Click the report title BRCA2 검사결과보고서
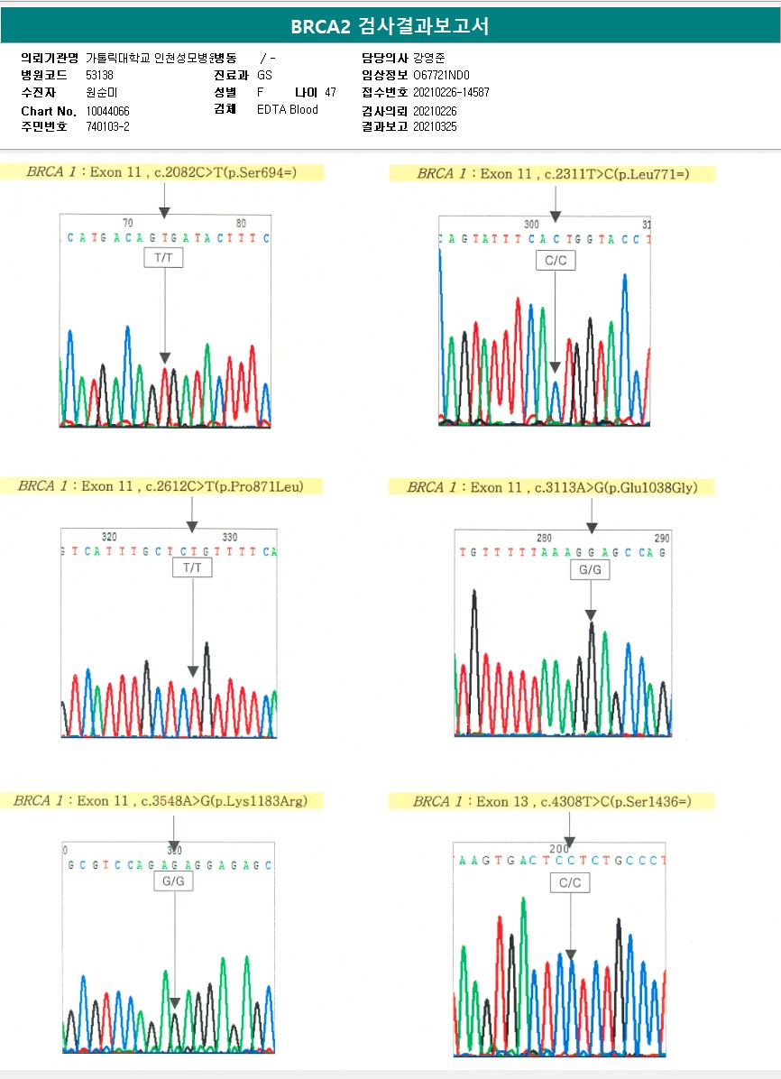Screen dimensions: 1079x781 (390, 26)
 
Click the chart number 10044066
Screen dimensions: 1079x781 (107, 110)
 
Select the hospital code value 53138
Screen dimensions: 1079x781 (99, 76)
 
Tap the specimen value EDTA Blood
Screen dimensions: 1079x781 (288, 110)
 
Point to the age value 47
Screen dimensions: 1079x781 (330, 93)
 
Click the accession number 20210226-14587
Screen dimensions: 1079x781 (451, 93)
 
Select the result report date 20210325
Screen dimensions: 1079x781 (435, 127)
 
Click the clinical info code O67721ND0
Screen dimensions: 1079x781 (442, 76)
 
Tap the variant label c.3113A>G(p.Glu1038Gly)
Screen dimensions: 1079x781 (613, 487)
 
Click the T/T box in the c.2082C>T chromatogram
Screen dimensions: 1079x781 (163, 258)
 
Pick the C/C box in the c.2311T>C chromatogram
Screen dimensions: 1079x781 (555, 261)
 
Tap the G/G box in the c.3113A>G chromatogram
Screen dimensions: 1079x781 (590, 570)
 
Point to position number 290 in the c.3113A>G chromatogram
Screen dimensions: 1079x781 (662, 538)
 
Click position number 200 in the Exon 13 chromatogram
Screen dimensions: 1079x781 (559, 849)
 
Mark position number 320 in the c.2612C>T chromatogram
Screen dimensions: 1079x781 (110, 537)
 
